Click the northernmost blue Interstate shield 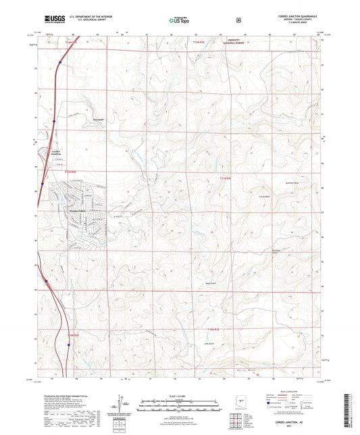tap(59, 64)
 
